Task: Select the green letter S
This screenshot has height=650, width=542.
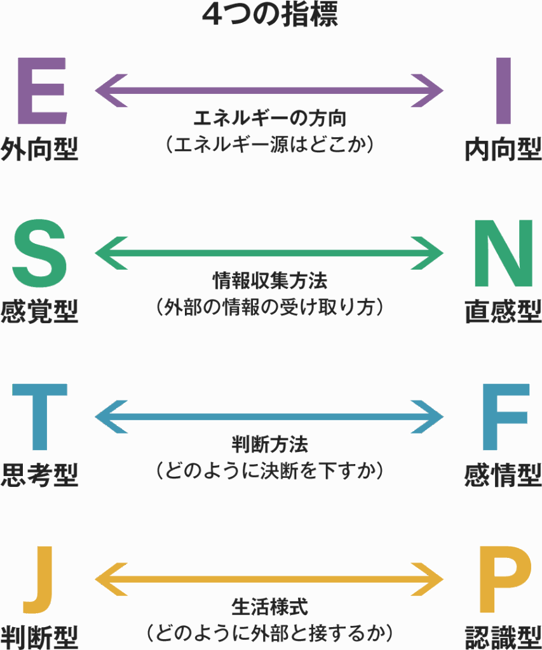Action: [39, 254]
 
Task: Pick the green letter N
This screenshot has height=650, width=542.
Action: [504, 254]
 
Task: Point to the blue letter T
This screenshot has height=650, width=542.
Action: [39, 416]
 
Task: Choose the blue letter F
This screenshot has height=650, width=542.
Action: [506, 416]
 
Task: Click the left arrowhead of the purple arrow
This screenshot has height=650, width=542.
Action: [108, 91]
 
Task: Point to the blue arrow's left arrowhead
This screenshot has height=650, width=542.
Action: [108, 416]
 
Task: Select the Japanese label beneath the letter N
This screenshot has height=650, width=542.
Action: [503, 311]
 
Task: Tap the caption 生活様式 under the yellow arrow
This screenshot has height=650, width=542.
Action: [271, 606]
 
